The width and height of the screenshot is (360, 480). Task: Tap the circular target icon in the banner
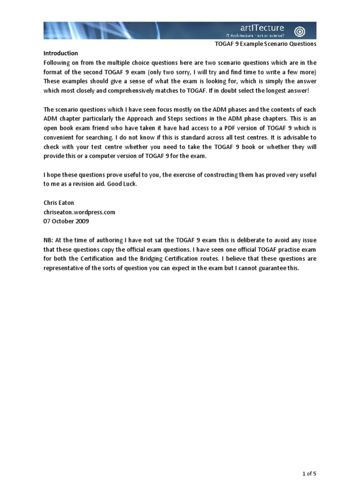[x=300, y=31]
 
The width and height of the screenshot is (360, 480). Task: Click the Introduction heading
[x=61, y=53]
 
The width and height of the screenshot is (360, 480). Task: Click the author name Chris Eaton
[x=60, y=203]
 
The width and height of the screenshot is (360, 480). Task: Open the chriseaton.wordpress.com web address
[x=79, y=212]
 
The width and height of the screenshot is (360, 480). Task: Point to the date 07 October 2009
[x=66, y=221]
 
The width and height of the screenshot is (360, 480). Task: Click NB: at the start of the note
[x=49, y=240]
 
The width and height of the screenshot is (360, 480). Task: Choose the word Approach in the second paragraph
[x=165, y=119]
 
